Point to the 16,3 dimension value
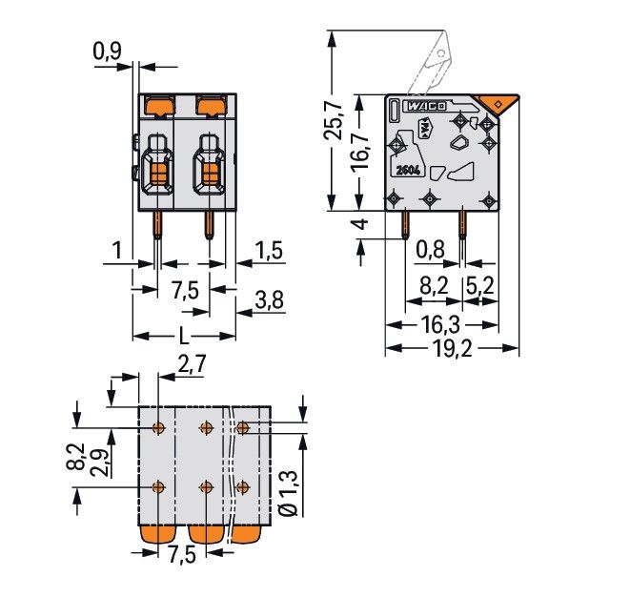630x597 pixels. [440, 324]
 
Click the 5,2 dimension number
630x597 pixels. [480, 284]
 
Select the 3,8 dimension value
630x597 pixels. [270, 302]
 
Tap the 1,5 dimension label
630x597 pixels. [270, 252]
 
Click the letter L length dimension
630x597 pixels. [182, 336]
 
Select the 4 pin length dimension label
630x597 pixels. [359, 226]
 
